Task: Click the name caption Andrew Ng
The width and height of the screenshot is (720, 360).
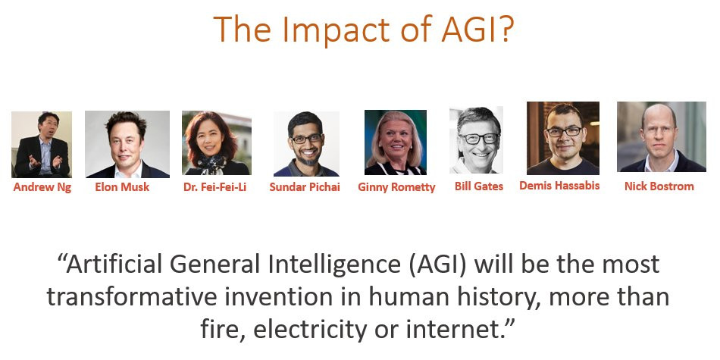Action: pyautogui.click(x=42, y=187)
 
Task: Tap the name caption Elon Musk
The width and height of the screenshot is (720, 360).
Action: pyautogui.click(x=122, y=187)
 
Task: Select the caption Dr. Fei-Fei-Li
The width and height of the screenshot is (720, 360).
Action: pyautogui.click(x=215, y=187)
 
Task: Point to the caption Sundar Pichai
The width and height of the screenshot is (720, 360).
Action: pyautogui.click(x=305, y=187)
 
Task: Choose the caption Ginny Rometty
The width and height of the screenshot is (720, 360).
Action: pyautogui.click(x=396, y=187)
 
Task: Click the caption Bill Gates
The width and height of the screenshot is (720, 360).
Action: pyautogui.click(x=479, y=186)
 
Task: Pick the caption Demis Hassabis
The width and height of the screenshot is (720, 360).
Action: pyautogui.click(x=559, y=186)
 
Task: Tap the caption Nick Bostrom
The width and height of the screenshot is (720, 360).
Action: pyautogui.click(x=659, y=186)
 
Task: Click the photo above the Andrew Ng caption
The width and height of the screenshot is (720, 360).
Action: pyautogui.click(x=42, y=144)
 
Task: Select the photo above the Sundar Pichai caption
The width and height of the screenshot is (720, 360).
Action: pyautogui.click(x=306, y=144)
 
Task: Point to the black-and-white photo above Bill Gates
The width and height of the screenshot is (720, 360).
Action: pyautogui.click(x=476, y=140)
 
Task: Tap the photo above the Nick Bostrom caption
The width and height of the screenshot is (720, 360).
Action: pyautogui.click(x=662, y=137)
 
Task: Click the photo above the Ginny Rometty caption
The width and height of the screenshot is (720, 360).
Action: pyautogui.click(x=396, y=142)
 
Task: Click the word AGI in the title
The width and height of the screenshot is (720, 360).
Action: pyautogui.click(x=477, y=29)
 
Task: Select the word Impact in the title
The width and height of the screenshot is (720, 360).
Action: pyautogui.click(x=334, y=30)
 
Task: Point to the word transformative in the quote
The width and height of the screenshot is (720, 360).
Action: pyautogui.click(x=132, y=297)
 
